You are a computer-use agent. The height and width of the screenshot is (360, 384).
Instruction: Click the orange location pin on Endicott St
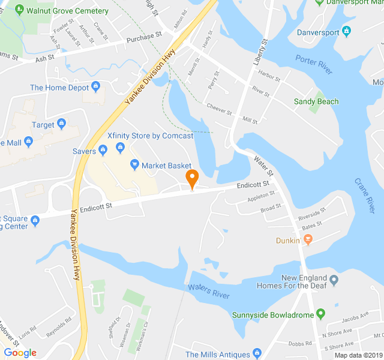point(192,178)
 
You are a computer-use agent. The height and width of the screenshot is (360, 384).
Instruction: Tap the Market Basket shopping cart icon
point(135,165)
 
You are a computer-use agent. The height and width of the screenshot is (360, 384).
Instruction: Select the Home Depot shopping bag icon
point(95,88)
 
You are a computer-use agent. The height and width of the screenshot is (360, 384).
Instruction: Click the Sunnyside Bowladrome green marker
point(321,314)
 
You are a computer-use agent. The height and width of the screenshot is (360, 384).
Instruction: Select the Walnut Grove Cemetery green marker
point(20,11)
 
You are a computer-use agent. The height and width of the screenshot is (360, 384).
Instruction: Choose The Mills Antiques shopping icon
point(257,354)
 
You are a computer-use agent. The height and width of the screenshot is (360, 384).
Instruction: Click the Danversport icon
point(346,31)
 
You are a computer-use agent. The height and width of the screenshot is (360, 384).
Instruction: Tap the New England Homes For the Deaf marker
point(334,278)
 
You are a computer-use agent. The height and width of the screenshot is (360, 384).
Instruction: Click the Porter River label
point(314,64)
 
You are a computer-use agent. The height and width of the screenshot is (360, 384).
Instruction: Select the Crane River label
point(364,196)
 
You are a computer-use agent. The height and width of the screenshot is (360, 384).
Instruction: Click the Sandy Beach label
point(316,102)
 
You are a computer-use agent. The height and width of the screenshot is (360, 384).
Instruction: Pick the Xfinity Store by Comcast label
point(150,136)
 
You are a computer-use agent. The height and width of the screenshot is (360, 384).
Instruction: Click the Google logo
point(20,353)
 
